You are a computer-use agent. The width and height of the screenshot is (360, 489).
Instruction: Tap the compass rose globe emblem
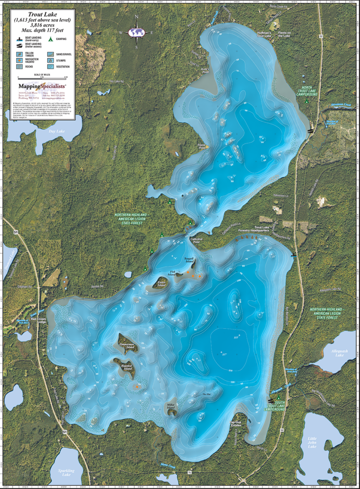pos(137,32)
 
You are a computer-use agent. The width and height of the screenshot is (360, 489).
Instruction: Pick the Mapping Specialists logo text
pos(42,86)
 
